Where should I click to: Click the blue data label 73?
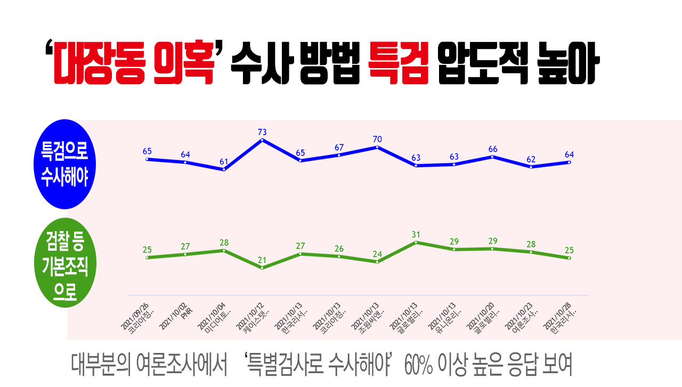pos(262,132)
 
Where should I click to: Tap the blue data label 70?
pos(377,139)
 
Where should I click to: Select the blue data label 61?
pos(224,162)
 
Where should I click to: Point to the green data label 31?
pos(416,235)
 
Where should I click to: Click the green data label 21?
pos(262,260)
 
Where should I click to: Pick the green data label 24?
pos(377,254)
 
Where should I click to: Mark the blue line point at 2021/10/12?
pos(262,140)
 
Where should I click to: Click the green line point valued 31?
pos(416,242)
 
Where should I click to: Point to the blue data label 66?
pos(492,149)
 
